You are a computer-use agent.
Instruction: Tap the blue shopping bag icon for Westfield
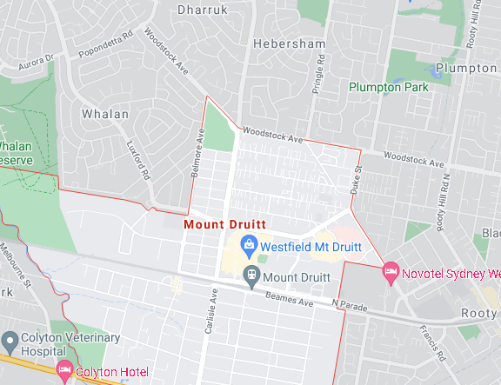tap(250, 245)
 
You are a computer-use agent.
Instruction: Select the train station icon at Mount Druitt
tap(250, 276)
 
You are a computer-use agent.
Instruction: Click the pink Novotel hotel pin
tap(391, 273)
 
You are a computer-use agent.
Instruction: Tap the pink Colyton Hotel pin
tap(63, 372)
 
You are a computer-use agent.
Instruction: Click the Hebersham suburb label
tap(289, 43)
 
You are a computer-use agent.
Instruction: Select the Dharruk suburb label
tap(202, 10)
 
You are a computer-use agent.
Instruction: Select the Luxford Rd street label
tap(139, 161)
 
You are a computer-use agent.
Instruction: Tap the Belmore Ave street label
tap(197, 153)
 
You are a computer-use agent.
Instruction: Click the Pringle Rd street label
tap(321, 73)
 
